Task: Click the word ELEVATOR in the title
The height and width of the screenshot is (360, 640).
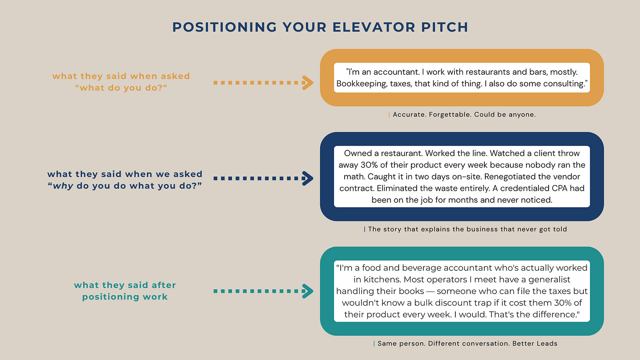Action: (374, 27)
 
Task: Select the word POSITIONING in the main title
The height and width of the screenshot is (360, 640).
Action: (225, 27)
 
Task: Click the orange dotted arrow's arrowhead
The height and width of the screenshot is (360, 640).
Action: (308, 83)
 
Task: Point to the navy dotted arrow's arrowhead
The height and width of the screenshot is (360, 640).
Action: (308, 178)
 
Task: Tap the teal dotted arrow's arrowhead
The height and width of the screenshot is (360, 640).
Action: (308, 291)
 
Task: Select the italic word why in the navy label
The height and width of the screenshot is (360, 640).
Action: (63, 186)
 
